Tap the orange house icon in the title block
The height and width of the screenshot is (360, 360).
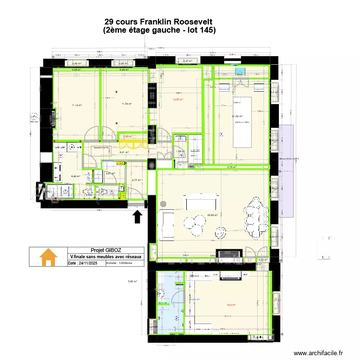coord(48,257)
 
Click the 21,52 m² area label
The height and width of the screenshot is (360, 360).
coord(237,116)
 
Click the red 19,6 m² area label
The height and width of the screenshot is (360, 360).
coord(230,304)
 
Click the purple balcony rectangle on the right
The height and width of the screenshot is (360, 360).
coord(286,171)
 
